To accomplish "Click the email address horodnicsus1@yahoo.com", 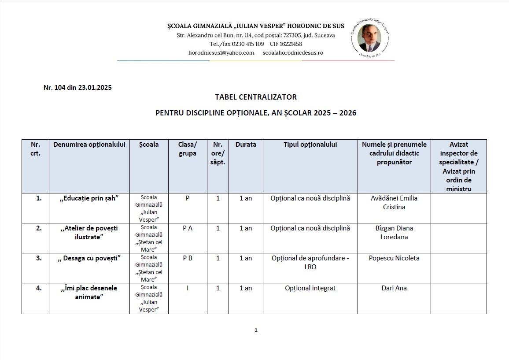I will coord(221,52).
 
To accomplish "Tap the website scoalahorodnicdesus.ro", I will coord(293,52).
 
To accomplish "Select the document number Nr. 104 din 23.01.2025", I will coord(77,87).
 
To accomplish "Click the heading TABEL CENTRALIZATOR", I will coord(255,97).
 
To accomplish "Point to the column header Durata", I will coord(246,145).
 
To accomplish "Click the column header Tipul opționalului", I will coord(310,145).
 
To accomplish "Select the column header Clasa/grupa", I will coord(188,149).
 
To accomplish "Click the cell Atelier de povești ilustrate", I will coord(89,233).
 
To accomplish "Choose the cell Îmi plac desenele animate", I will coord(89,293).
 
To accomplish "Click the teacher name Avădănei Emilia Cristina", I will coord(394,203).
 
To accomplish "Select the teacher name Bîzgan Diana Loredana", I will coord(394,233).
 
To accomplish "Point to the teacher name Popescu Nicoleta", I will coord(394,258).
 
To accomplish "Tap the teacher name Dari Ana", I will coord(394,288).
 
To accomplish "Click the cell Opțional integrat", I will coord(310,288).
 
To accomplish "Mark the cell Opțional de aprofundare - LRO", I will coord(310,263).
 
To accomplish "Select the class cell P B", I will coord(188,258).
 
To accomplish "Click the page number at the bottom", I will coord(256,330).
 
